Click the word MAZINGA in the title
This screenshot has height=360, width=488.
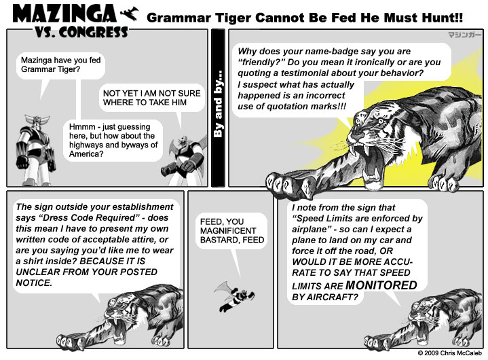click(x=64, y=14)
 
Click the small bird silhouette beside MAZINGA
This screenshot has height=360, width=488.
click(x=129, y=14)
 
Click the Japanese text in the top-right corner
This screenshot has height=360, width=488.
click(x=464, y=34)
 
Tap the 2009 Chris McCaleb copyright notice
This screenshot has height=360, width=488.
click(x=450, y=353)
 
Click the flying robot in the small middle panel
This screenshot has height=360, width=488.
click(x=235, y=296)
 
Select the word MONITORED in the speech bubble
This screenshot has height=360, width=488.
click(x=381, y=285)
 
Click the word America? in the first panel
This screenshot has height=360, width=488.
click(x=86, y=154)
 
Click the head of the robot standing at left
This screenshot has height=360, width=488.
click(x=37, y=122)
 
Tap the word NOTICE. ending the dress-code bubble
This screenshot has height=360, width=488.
click(x=34, y=283)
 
